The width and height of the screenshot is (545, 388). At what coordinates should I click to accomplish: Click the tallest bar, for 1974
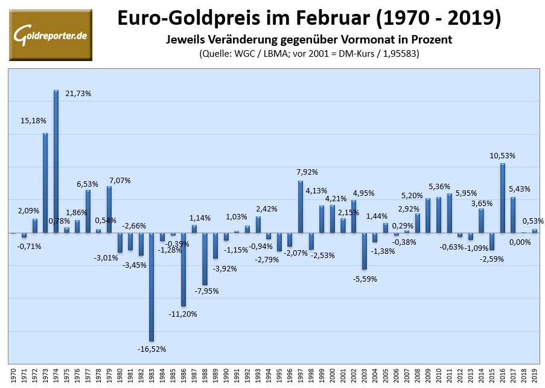[56, 161]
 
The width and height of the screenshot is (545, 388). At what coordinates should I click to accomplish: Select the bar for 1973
[45, 183]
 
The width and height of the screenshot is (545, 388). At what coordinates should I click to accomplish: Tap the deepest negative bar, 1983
[151, 286]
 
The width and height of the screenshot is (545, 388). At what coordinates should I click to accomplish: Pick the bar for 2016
[502, 198]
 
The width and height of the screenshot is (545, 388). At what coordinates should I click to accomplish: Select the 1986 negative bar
[183, 269]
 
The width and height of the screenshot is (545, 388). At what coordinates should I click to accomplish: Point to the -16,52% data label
[151, 349]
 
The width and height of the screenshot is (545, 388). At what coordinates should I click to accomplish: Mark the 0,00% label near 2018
[519, 242]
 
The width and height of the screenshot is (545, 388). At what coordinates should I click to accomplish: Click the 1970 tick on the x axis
[13, 375]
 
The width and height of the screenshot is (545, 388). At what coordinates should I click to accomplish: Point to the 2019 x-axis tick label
[534, 375]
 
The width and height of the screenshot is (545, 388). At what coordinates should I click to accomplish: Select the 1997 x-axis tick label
[300, 375]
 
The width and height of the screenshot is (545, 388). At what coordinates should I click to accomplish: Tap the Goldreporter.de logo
[51, 34]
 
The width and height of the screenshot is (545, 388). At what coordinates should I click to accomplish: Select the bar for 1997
[300, 206]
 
